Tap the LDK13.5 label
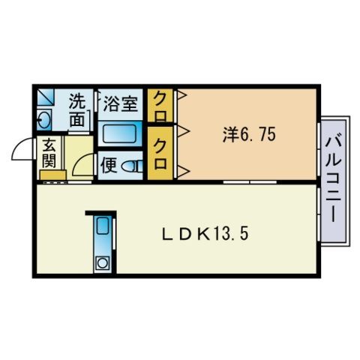click(x=205, y=233)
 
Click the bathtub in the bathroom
click(x=119, y=136)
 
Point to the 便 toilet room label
click(x=109, y=164)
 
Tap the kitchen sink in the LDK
click(x=101, y=228)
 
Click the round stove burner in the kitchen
click(x=101, y=262)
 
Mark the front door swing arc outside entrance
click(x=24, y=150)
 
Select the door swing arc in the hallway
click(x=87, y=163)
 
